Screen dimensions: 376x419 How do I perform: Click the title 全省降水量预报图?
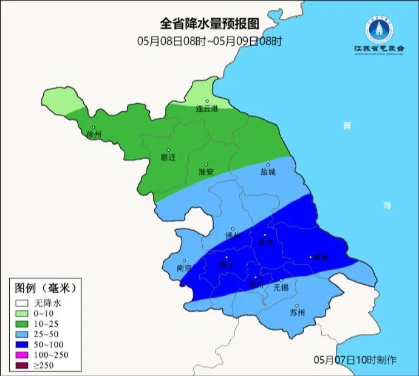coord(209,24)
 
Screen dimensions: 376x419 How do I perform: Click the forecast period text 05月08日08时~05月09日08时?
coord(209,41)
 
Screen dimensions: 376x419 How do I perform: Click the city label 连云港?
coord(206,109)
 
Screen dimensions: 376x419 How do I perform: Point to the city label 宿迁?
coord(168,157)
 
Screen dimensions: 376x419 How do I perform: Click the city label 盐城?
coord(268,172)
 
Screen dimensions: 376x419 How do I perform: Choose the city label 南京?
coord(184,268)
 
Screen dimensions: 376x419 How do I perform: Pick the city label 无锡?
coord(281,287)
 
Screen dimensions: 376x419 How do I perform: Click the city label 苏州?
coord(297,313)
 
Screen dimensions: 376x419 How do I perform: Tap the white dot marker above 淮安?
coord(206,164)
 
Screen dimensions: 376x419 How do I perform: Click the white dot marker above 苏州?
coord(297,306)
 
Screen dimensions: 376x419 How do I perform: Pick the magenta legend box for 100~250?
coord(22,346)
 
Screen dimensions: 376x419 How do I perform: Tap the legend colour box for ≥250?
coord(22,357)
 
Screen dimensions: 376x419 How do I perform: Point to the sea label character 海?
coord(386,206)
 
